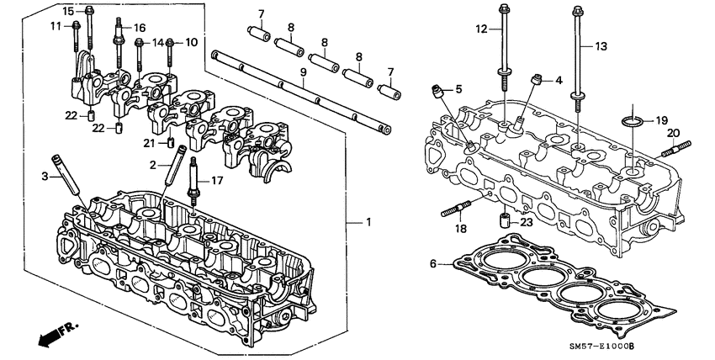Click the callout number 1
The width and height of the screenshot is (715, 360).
368,222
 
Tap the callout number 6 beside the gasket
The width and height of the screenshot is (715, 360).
434,264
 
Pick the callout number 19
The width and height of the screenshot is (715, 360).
661,120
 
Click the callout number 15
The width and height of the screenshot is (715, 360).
68,10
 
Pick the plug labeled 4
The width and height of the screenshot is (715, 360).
535,82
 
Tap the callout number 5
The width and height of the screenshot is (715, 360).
459,88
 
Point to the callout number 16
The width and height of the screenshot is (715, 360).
140,28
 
